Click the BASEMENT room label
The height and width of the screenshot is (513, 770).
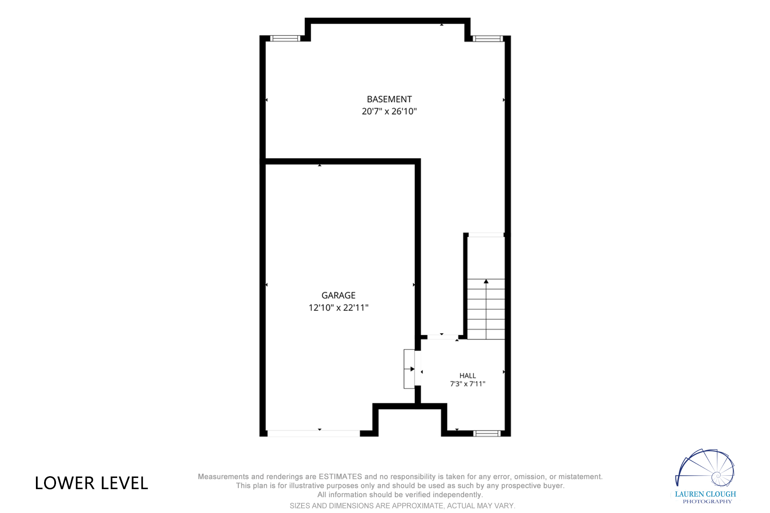click(389, 99)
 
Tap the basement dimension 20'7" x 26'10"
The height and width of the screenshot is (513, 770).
click(389, 111)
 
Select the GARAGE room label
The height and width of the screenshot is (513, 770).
click(338, 295)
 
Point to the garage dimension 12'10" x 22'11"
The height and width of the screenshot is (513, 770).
click(338, 307)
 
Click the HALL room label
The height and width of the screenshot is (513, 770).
click(468, 376)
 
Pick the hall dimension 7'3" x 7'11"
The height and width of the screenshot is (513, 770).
click(468, 384)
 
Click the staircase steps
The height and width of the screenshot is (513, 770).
click(486, 309)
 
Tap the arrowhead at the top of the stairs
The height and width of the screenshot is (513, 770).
click(486, 281)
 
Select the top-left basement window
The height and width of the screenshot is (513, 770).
click(285, 38)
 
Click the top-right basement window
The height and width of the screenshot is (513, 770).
click(488, 38)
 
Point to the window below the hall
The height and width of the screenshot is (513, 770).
click(487, 433)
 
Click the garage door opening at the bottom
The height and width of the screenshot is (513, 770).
click(314, 433)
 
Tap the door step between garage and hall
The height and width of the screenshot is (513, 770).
click(409, 369)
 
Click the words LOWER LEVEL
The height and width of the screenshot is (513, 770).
click(92, 483)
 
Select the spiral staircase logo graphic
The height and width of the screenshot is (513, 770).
click(705, 468)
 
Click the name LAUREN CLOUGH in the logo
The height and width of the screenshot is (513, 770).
click(705, 494)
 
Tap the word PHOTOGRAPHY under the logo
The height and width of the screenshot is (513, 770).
click(707, 501)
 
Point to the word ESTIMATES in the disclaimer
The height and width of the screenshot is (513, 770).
click(340, 477)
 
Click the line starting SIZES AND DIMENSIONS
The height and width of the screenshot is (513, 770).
click(402, 506)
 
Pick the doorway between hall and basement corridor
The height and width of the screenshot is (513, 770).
click(443, 337)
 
